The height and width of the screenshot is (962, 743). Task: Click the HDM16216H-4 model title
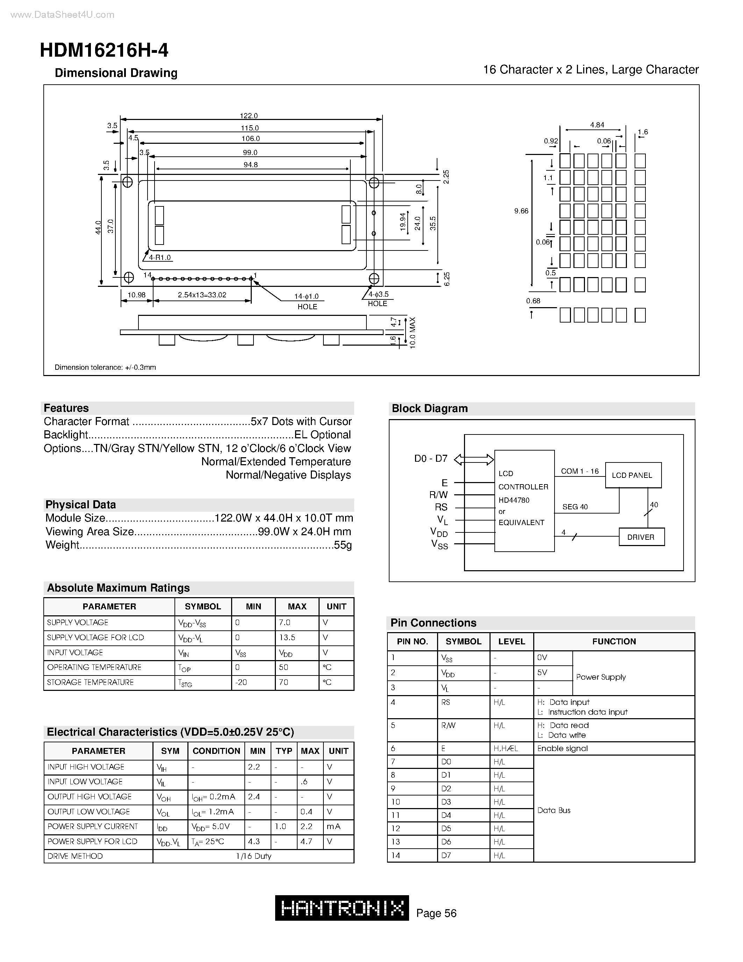[104, 51]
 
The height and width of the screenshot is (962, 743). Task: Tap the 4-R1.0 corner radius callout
[160, 257]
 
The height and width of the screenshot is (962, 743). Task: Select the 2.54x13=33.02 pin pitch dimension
[202, 295]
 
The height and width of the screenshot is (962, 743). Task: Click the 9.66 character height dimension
[521, 211]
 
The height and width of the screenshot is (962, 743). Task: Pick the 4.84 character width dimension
[597, 125]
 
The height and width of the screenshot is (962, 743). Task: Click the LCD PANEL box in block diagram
[633, 475]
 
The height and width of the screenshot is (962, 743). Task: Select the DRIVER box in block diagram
[641, 537]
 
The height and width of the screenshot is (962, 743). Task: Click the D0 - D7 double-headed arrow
[474, 459]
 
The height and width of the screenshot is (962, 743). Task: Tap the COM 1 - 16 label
[580, 471]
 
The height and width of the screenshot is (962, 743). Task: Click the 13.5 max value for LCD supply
[287, 637]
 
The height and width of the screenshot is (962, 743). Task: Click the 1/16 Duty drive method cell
[253, 856]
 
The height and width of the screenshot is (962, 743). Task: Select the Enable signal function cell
[562, 748]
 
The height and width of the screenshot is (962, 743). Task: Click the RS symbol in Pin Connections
[445, 702]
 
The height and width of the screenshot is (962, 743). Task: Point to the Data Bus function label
[554, 810]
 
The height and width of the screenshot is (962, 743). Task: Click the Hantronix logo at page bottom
[342, 908]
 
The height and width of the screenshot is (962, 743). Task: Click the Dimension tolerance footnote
[105, 367]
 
